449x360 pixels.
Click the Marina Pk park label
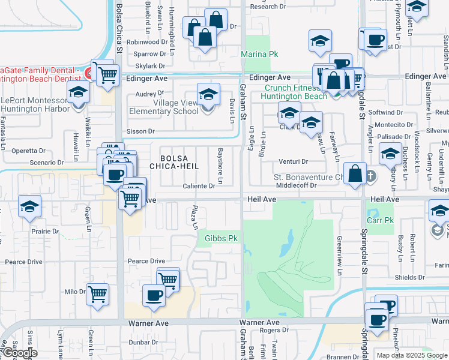pos(259,54)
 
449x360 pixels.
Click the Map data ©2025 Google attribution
pos(412,355)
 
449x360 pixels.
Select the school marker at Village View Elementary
pos(208,95)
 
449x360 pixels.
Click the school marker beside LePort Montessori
pos(77,94)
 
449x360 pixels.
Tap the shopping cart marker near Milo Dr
pos(97,295)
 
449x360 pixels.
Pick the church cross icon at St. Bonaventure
pos(370,176)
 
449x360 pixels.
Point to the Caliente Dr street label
pos(199,186)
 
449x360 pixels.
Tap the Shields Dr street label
pos(409,277)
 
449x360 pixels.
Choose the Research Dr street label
pos(268,7)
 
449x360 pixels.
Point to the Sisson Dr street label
pos(140,131)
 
